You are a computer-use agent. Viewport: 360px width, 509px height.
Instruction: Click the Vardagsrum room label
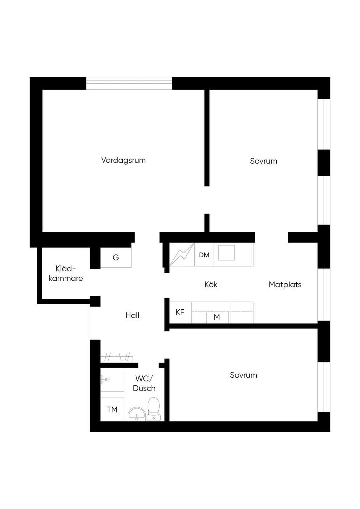(123, 160)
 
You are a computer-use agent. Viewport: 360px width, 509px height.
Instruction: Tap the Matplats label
(285, 284)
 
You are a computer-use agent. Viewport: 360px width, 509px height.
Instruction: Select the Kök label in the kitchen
(211, 284)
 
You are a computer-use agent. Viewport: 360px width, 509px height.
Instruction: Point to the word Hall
(132, 315)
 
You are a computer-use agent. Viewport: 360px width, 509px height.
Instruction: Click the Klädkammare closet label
(66, 273)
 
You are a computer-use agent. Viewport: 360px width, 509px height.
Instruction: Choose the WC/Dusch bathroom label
(144, 384)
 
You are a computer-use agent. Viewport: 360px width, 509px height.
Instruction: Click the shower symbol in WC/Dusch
(105, 379)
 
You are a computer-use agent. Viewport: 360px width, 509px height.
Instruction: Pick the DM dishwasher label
(204, 255)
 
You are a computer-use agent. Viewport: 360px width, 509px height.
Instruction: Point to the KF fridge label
(180, 313)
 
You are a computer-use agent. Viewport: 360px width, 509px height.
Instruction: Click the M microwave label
(217, 317)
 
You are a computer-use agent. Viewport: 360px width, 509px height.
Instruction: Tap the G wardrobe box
(116, 257)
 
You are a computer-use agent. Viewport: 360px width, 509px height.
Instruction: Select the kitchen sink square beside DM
(226, 253)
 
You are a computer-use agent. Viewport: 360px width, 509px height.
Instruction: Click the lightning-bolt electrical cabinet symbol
(182, 254)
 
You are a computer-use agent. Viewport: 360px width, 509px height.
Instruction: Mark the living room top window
(129, 83)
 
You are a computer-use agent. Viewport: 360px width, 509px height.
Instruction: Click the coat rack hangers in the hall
(117, 357)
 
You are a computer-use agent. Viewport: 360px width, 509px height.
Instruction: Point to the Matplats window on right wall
(324, 295)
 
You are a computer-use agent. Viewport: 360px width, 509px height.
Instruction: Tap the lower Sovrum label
(243, 375)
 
